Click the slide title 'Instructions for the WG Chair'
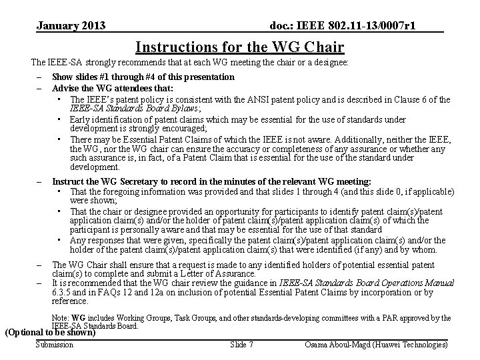click(239, 47)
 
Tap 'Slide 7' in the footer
click(241, 345)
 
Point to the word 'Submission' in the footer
click(55, 345)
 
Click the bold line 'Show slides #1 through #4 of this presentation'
click(143, 77)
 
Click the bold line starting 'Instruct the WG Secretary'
click(211, 181)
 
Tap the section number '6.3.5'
click(63, 292)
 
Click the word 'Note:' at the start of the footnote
click(61, 318)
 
